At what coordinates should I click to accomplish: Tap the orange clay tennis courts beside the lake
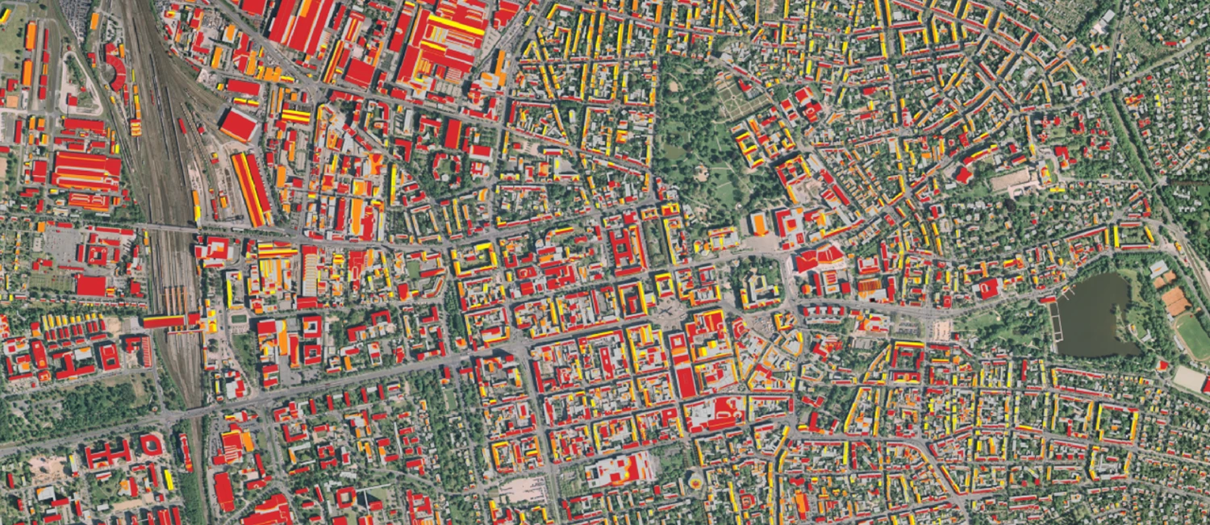tap(1175, 301)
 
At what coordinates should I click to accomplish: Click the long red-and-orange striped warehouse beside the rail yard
tap(252, 189)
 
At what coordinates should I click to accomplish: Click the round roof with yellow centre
tap(695, 482)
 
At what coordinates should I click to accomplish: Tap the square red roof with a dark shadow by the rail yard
tap(238, 126)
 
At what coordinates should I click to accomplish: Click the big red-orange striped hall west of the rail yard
tap(86, 170)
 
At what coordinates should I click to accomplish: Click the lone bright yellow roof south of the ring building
tap(169, 479)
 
